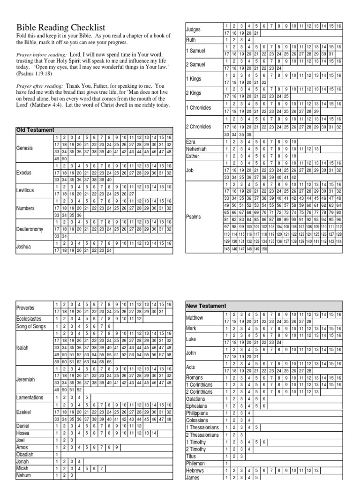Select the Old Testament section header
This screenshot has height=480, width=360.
(x=36, y=130)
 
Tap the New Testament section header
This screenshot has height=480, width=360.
(x=206, y=306)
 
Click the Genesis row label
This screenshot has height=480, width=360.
(x=25, y=148)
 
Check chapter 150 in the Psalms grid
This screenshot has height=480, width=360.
(x=264, y=249)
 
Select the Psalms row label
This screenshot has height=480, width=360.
(x=194, y=217)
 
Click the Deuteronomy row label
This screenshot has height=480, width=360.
(x=30, y=229)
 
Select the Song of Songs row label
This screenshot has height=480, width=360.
(x=31, y=326)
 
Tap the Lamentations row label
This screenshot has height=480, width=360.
(x=30, y=397)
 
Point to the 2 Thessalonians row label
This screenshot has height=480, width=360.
(x=202, y=435)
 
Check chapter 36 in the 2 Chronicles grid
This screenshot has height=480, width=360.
(x=249, y=134)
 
